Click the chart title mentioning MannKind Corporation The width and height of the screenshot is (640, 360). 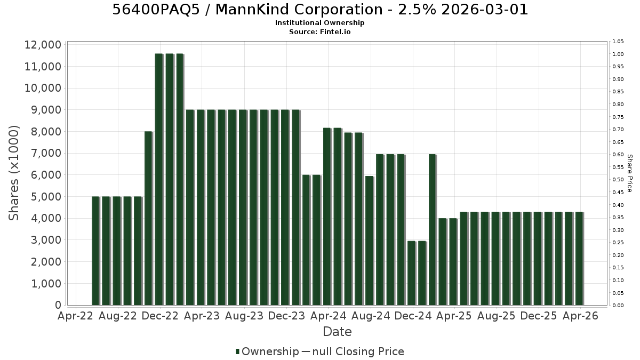click(319, 10)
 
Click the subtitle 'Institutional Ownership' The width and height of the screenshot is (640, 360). click(319, 23)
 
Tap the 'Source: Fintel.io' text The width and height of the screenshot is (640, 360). click(319, 31)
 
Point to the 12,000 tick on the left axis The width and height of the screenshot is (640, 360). click(43, 45)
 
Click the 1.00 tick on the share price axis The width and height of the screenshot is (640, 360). click(618, 54)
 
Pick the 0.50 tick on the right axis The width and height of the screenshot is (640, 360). click(618, 180)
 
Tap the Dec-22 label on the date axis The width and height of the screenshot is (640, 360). click(160, 316)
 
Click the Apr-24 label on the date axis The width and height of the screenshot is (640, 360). click(329, 316)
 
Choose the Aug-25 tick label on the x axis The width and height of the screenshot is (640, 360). click(497, 316)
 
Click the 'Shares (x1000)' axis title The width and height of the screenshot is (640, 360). click(13, 173)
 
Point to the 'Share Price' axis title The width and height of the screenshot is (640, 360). click(629, 173)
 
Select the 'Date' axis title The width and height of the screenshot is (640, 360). click(337, 332)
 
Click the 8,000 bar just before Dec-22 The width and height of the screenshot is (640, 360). click(149, 218)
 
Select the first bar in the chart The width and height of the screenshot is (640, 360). click(95, 251)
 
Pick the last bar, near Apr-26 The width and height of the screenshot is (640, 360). click(579, 259)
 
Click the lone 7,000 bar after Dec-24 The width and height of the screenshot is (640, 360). click(433, 230)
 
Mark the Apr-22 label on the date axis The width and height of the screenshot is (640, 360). click(76, 316)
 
